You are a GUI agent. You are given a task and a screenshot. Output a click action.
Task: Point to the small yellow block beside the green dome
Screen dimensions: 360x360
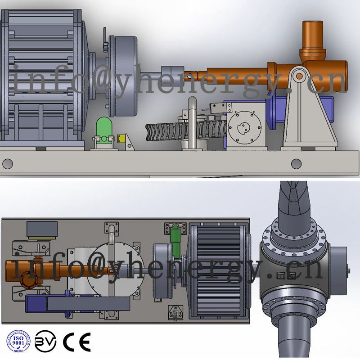pyautogui.click(x=121, y=139)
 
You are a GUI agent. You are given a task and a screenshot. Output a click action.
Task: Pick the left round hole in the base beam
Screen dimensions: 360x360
pyautogui.click(x=8, y=163)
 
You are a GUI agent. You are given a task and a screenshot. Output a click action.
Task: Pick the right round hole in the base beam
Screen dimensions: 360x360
pyautogui.click(x=296, y=163)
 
